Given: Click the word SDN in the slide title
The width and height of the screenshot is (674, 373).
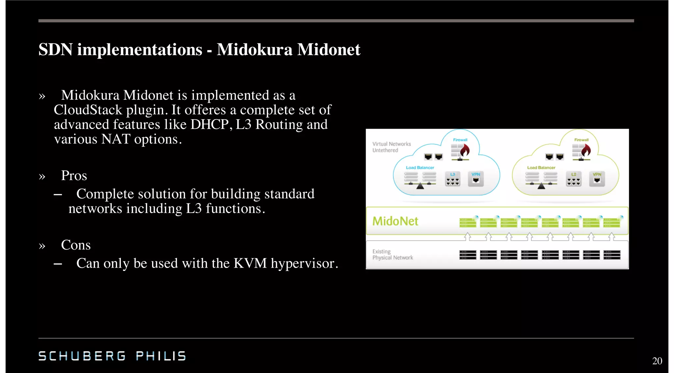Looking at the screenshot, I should pos(55,50).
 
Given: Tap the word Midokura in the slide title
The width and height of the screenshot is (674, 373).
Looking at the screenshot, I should pos(254,50).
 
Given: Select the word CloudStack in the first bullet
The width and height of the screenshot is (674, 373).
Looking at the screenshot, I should pos(88,110).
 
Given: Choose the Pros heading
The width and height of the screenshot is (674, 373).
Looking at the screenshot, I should pos(74,175).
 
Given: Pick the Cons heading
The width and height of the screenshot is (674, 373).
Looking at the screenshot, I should pos(76,245).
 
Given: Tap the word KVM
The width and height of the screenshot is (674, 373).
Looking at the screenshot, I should pos(250,263).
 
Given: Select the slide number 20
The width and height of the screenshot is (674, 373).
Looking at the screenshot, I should pos(657,361).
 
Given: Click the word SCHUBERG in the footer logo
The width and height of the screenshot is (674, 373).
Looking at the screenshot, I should pos(82,356).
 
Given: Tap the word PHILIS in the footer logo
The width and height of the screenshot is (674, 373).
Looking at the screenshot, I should pos(161,356).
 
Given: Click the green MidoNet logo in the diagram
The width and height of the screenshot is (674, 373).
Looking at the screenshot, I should pos(395,221).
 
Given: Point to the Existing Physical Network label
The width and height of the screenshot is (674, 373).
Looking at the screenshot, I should pos(392,254).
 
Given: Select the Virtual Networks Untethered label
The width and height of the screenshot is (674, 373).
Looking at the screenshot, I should pos(391,147).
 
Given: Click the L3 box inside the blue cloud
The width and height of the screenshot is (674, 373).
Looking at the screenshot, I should pos(453,179).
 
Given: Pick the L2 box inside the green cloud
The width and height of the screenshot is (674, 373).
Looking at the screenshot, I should pos(574,179).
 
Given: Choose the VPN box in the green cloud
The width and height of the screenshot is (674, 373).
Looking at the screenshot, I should pos(597,179).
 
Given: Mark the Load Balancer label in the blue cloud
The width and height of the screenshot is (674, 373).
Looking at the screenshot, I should pos(420,168).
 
